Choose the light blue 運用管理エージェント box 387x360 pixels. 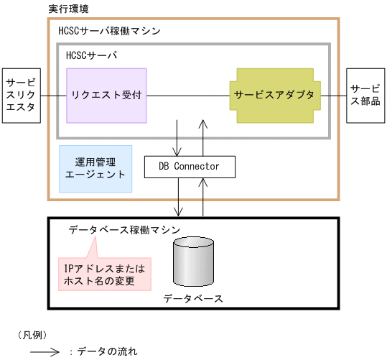pyautogui.click(x=95, y=168)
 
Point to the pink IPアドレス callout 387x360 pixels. pyautogui.click(x=105, y=274)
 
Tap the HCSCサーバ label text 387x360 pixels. pyautogui.click(x=91, y=55)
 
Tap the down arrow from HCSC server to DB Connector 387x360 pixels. pyautogui.click(x=178, y=134)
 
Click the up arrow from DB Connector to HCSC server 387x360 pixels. pyautogui.click(x=204, y=134)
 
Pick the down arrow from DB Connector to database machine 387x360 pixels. pyautogui.click(x=178, y=197)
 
